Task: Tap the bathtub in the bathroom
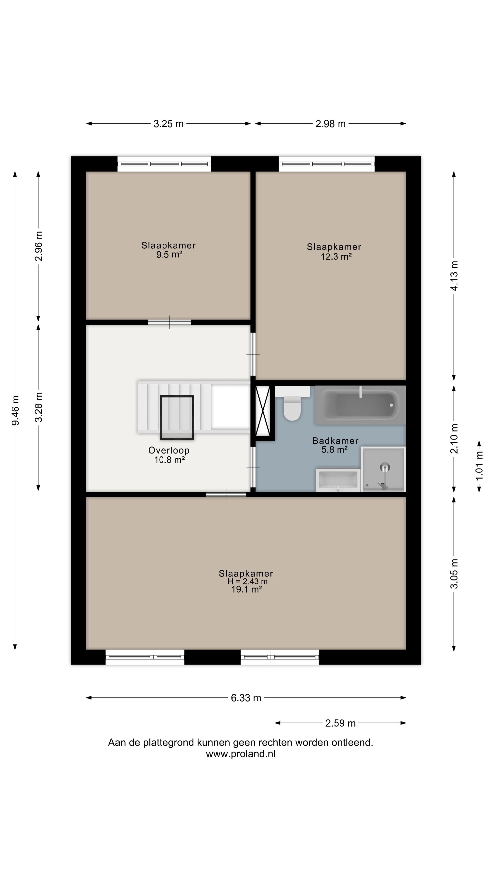click(360, 405)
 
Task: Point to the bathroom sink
click(338, 480)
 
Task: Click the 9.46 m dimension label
click(15, 410)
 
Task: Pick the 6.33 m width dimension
click(246, 698)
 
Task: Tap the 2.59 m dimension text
click(340, 723)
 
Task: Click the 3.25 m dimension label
click(168, 124)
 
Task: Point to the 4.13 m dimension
click(454, 276)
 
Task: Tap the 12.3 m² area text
click(336, 257)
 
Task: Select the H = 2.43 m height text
click(247, 581)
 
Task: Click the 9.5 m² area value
click(169, 255)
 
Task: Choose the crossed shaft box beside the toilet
click(263, 411)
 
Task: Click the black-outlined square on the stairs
click(177, 417)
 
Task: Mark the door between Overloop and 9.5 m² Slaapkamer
click(169, 322)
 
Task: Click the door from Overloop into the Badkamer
click(253, 467)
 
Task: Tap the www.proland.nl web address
click(241, 754)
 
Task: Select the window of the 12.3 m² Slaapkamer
click(327, 164)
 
